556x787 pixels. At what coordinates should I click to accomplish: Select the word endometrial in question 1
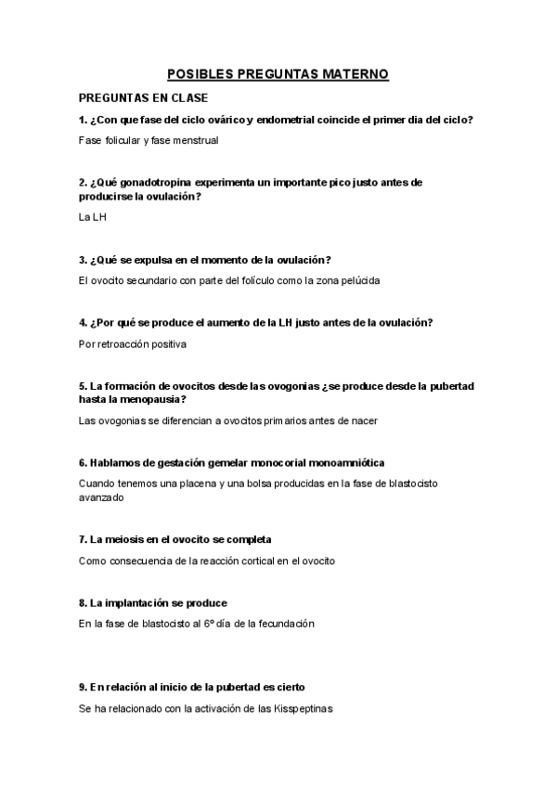(x=292, y=120)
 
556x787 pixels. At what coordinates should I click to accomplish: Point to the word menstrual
(x=196, y=140)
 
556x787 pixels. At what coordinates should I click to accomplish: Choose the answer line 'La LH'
(x=94, y=218)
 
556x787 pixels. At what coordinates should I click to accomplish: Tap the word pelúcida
(x=357, y=280)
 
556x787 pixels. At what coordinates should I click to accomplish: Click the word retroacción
(x=128, y=344)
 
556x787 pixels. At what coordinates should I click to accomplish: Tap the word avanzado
(x=101, y=497)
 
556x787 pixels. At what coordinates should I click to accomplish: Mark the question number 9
(x=83, y=687)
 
